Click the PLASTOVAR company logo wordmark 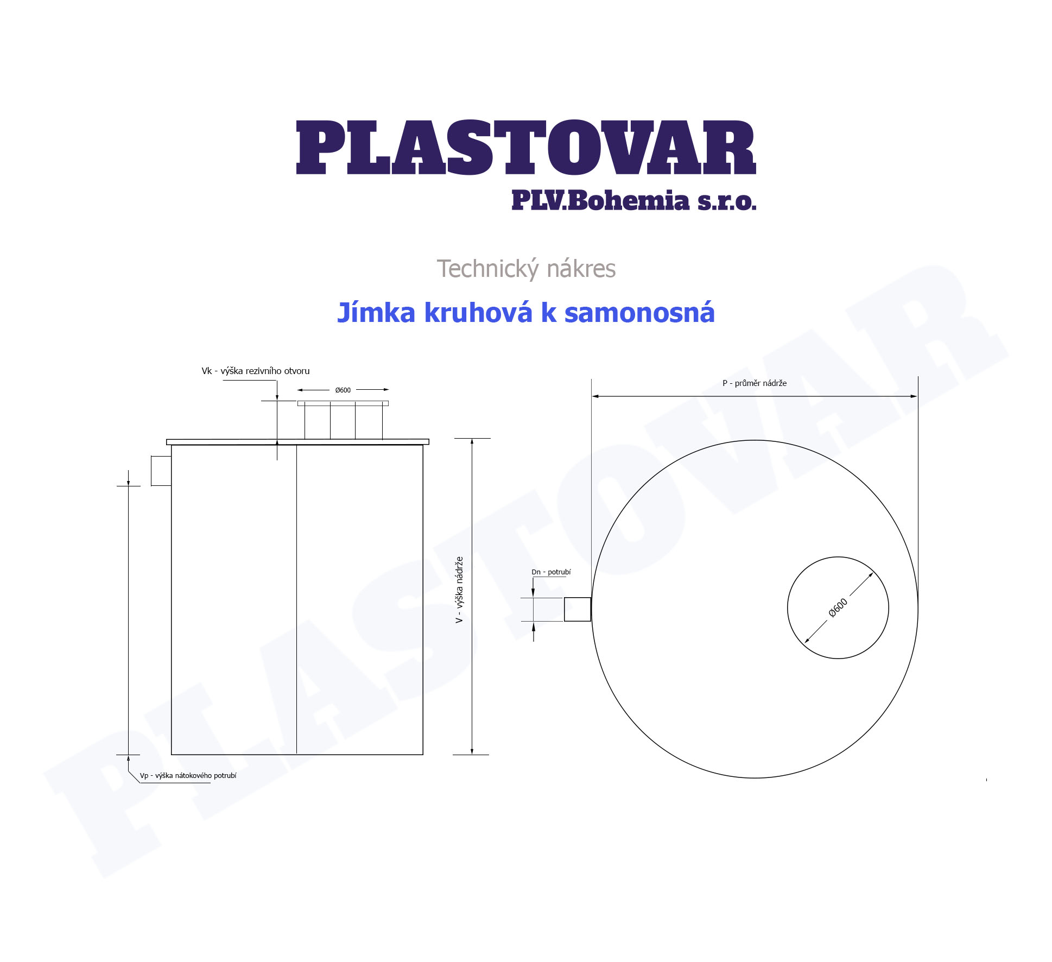(526, 147)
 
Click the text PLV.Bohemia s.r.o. (633, 200)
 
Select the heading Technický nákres (526, 269)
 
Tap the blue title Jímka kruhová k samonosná (526, 313)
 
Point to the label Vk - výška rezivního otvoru (256, 371)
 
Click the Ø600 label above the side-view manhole (343, 390)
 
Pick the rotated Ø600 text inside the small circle (838, 608)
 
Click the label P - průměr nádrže (755, 383)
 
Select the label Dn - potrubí (551, 572)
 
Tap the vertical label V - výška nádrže (459, 590)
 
